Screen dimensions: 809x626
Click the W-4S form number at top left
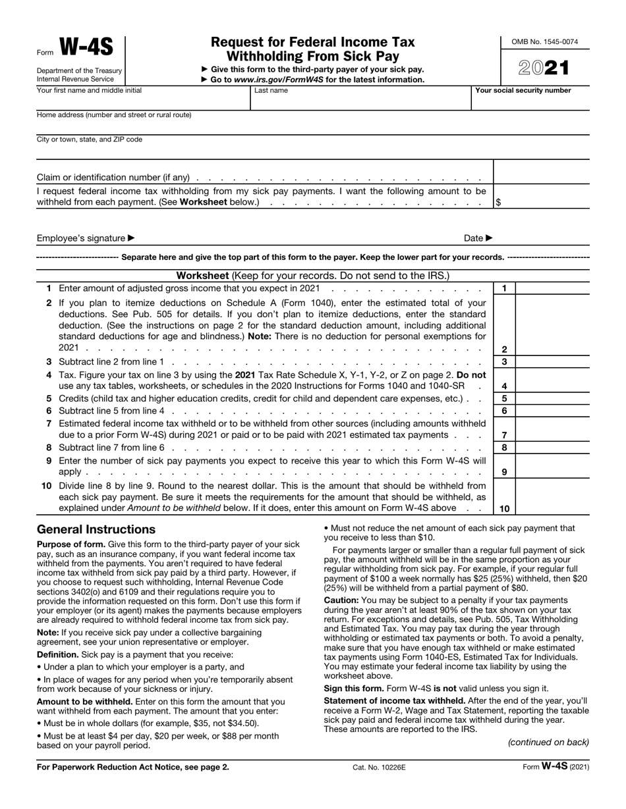tap(86, 47)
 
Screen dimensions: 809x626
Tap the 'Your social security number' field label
tap(523, 91)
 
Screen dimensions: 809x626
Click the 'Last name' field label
tap(271, 91)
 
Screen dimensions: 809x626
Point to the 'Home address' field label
tap(114, 115)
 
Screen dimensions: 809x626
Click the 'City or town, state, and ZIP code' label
tap(90, 140)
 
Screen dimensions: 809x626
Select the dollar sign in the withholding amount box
tap(498, 203)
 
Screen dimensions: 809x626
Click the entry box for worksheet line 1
tap(552, 288)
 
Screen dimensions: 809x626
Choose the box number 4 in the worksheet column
tap(504, 386)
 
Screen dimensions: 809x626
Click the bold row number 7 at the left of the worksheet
tap(49, 423)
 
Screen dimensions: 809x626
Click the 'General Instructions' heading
tap(96, 530)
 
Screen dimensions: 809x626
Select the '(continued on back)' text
tap(548, 743)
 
